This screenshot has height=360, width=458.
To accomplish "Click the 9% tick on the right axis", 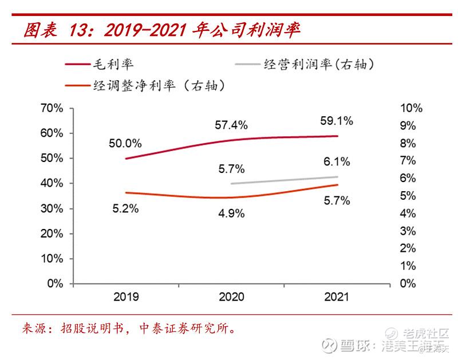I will tap(407, 126).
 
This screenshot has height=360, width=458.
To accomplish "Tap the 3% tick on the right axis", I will tap(407, 231).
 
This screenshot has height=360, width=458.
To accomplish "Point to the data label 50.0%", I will tap(125, 144).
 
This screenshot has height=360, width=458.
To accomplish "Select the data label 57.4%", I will tap(231, 124).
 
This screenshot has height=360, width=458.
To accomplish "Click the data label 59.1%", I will tap(337, 121).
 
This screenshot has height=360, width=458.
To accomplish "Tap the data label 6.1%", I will tap(337, 163).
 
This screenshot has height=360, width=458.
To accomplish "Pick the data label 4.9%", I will tap(231, 213).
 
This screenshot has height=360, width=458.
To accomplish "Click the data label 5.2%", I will tap(125, 209).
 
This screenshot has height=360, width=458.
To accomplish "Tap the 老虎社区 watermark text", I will tap(425, 334).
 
